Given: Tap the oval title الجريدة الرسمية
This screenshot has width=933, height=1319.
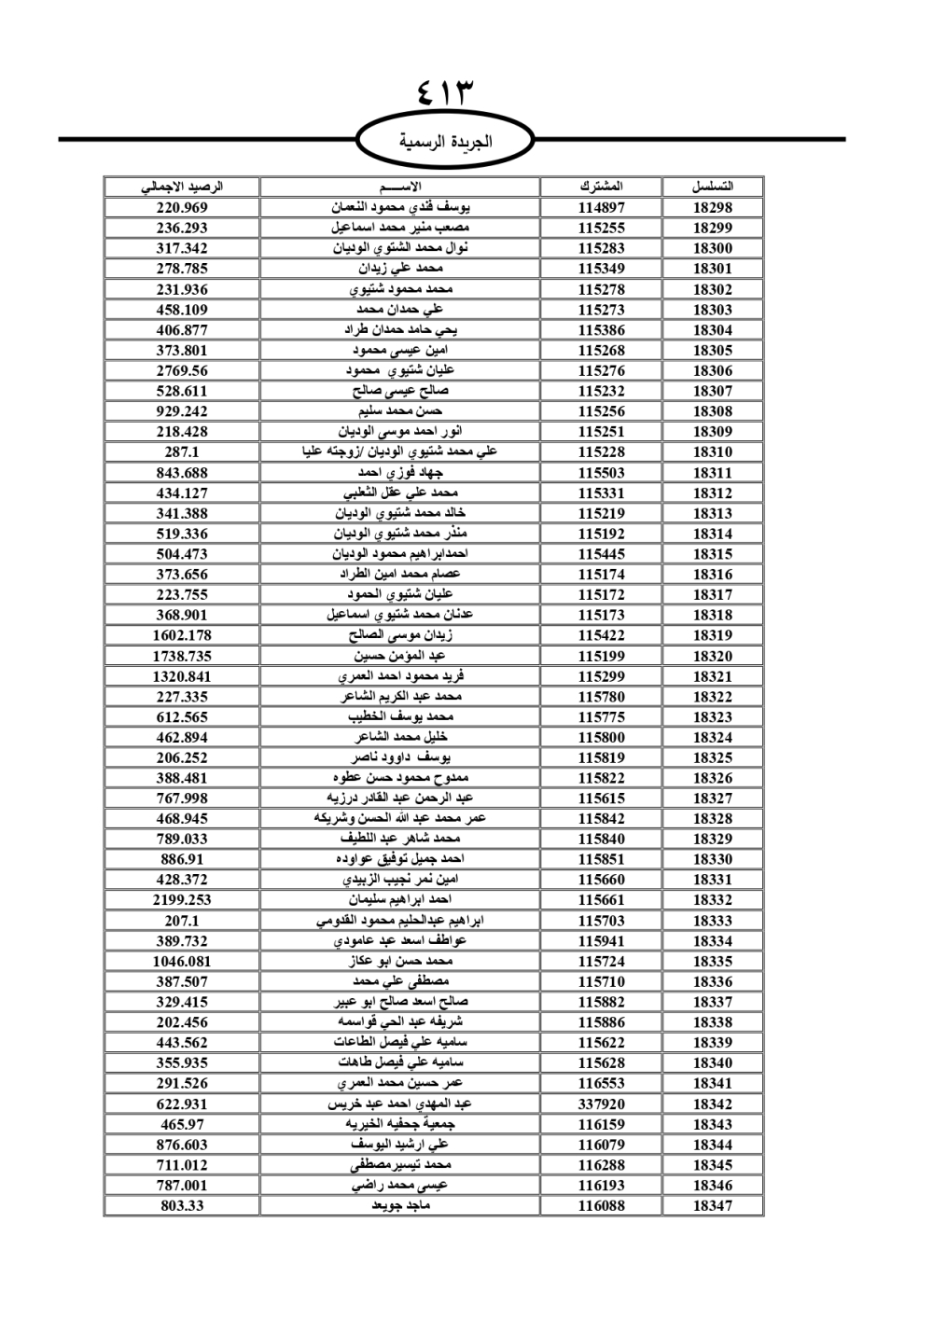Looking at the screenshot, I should pos(445,142).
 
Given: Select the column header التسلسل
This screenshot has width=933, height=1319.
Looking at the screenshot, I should pos(713,187).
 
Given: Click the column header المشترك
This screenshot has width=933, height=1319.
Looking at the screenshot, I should pos(601,187).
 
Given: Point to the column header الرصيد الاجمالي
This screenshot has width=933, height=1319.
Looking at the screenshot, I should pos(182,187).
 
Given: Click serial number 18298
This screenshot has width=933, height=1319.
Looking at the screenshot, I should pos(713,208).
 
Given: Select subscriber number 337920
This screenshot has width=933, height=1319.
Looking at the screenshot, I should pos(601,1104).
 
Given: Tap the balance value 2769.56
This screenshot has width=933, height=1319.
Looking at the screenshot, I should pos(182,370).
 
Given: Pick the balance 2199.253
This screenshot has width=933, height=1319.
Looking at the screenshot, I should pos(182,900).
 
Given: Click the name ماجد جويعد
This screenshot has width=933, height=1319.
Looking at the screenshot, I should pos(400,1206).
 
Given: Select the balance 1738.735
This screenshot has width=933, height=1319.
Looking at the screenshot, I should pos(182,656).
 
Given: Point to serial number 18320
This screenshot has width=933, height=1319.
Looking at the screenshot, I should pos(713,656).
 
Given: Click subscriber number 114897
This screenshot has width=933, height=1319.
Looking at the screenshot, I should pos(601,208).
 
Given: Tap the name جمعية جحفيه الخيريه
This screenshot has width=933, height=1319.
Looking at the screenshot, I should pos(400,1124).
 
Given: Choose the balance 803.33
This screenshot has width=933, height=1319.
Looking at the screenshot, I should pos(182,1206).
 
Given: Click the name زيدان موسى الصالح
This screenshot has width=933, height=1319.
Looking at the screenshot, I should pos(400,635).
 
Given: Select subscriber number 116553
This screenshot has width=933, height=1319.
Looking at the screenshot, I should pos(601,1083).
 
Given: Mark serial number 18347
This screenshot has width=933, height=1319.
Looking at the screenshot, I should pos(713,1206).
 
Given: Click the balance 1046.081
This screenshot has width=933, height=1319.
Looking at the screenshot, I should pos(182,961).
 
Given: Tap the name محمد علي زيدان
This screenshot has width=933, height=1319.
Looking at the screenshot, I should pos(400,269).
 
